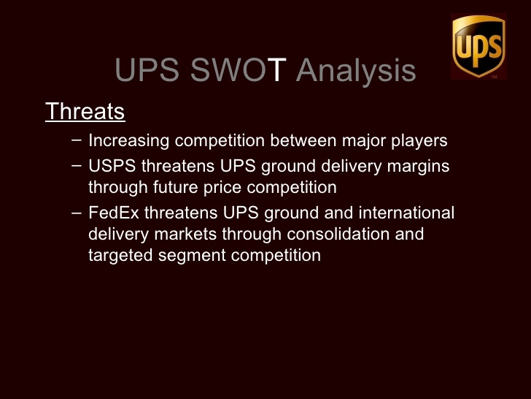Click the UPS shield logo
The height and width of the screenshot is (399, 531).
478,46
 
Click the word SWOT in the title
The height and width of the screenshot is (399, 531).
239,69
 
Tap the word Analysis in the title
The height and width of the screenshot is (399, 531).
356,70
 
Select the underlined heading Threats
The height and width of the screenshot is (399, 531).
85,111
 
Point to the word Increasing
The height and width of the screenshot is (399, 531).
128,140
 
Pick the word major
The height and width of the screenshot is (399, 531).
364,141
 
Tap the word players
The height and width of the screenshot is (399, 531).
419,141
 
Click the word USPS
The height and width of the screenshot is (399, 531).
112,166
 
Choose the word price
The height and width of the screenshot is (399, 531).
222,188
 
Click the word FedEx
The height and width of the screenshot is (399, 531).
114,213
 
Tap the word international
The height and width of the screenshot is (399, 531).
406,213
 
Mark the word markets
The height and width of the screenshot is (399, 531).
185,234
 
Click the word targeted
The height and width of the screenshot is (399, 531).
120,256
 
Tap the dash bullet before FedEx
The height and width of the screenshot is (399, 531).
77,213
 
